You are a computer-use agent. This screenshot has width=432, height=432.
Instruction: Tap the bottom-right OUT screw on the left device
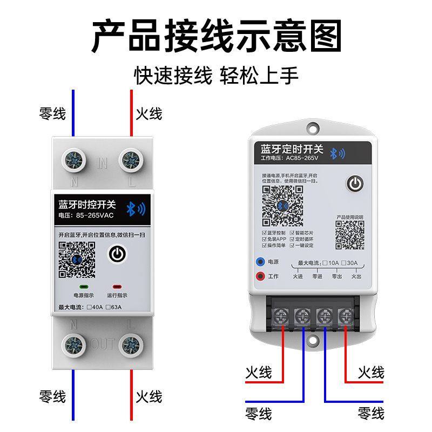coord(130,344)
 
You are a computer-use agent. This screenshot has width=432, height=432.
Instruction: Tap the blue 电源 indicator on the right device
coord(260,262)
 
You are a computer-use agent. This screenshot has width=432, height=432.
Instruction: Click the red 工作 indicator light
coord(260,276)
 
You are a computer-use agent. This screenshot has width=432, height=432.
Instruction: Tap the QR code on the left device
coord(77,259)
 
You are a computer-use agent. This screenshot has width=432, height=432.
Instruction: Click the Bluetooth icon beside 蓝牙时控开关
coord(133,210)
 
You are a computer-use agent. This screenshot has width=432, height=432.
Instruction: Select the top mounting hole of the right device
coord(313,129)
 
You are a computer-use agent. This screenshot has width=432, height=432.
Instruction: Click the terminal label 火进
coord(298,276)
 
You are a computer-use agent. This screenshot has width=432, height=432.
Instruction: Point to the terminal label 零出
coord(336,276)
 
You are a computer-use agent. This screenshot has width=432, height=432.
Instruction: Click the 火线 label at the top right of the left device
coord(148,114)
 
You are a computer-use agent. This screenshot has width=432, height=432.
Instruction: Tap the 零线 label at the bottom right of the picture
coord(371,414)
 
